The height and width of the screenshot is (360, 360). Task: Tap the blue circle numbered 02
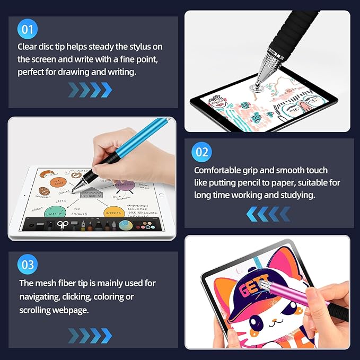[x=203, y=153]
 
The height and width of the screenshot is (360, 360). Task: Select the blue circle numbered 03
[x=28, y=265]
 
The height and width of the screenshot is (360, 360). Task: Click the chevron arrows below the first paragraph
[x=90, y=90]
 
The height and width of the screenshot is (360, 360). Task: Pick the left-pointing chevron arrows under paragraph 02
[x=268, y=214]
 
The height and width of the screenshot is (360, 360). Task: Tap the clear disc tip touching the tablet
[x=258, y=84]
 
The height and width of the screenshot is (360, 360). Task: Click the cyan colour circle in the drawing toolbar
[x=126, y=224]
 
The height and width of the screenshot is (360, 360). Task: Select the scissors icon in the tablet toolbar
[x=63, y=224]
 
